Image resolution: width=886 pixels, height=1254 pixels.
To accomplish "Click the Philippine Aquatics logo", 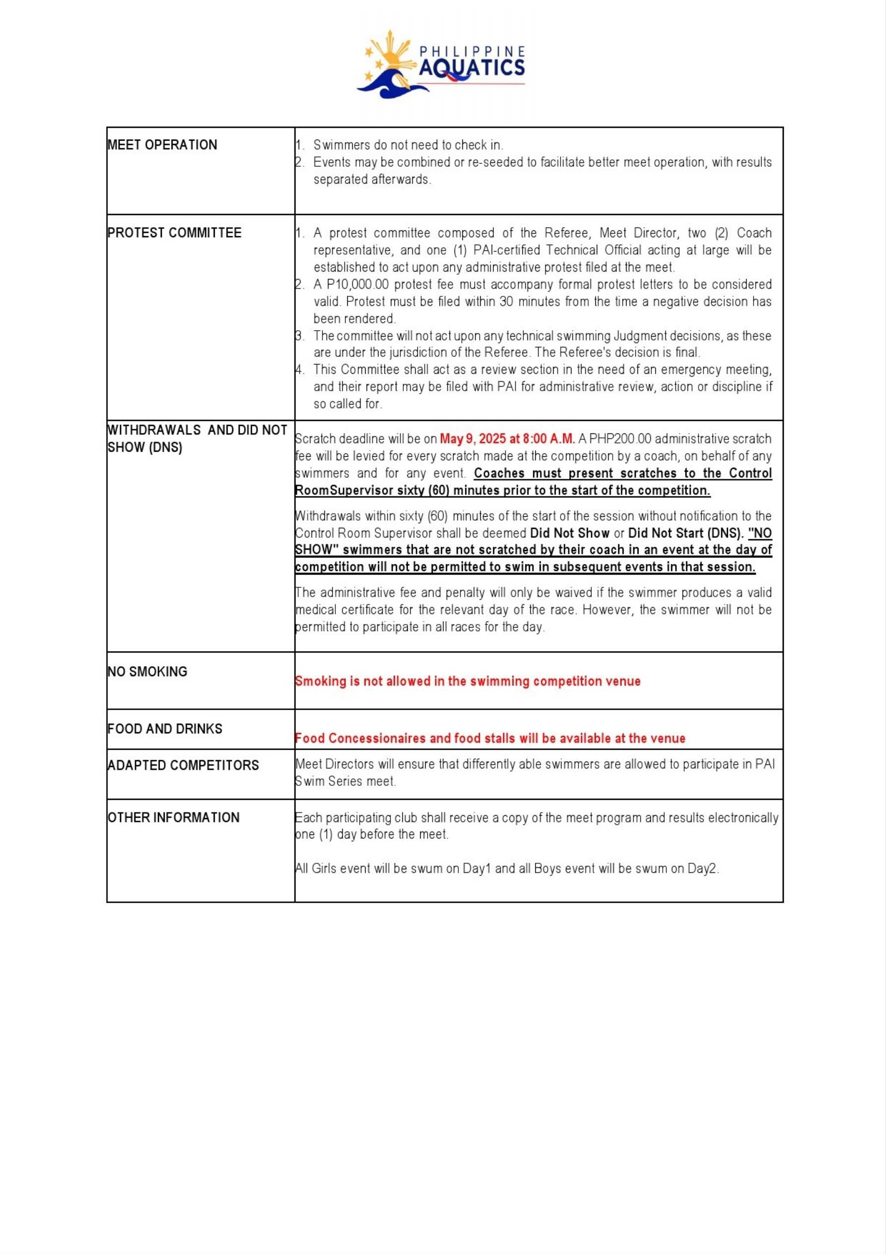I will tap(441, 65).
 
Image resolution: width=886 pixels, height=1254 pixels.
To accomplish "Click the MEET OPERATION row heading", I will tap(162, 145).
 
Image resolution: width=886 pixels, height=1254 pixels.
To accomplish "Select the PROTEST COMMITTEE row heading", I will tap(174, 233).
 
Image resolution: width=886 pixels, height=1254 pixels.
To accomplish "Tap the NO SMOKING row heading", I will tap(147, 671).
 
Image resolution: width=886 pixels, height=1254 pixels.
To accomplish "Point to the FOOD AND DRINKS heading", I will tap(164, 729).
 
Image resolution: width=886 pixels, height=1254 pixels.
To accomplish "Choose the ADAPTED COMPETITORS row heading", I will tap(183, 765).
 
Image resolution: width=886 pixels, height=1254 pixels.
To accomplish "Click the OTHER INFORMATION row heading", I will tap(173, 817).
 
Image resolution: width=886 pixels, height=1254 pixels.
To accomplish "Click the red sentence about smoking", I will tap(467, 681).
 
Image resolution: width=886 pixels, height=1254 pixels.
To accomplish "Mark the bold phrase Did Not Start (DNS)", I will tap(686, 533).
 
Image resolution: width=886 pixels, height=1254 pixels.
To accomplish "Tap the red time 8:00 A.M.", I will tap(548, 438).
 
